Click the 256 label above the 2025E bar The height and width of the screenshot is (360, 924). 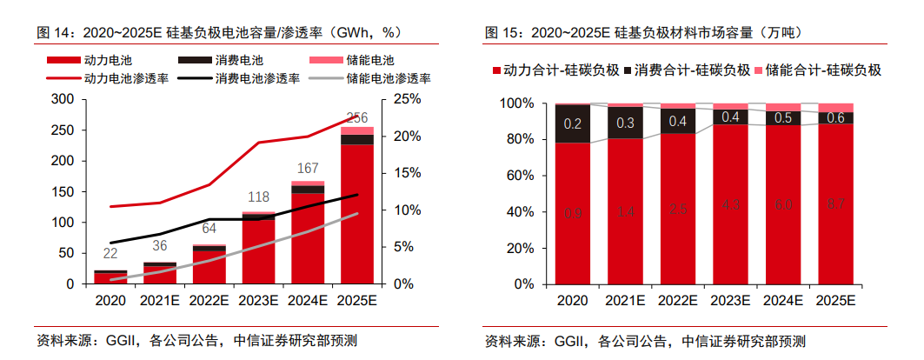tap(356, 118)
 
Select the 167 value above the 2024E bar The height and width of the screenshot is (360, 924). tap(308, 169)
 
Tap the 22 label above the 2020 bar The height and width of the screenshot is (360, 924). tap(110, 254)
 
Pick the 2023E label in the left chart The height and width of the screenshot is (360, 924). tap(258, 300)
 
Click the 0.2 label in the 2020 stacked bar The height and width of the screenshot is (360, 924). tap(573, 123)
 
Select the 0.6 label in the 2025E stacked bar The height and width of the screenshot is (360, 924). tap(835, 118)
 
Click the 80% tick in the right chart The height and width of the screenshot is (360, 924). tap(521, 139)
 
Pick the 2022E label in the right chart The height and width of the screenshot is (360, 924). tap(677, 300)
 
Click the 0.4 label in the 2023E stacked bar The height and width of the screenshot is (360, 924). tap(730, 117)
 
